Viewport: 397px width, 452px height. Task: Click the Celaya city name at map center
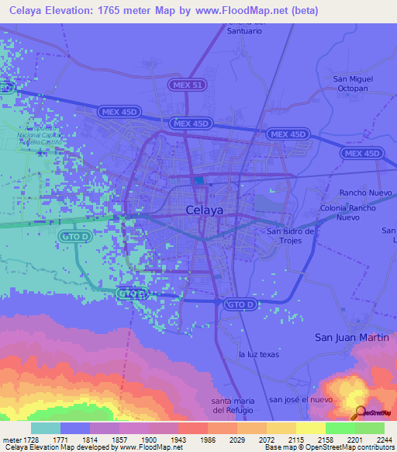coord(205,210)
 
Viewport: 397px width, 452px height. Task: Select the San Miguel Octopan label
coord(353,84)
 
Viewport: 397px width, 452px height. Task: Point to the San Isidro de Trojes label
coord(290,236)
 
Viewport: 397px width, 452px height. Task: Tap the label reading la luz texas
coord(258,354)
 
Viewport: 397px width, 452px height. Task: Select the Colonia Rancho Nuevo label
coord(347,213)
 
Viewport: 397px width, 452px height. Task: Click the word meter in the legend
coord(11,439)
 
